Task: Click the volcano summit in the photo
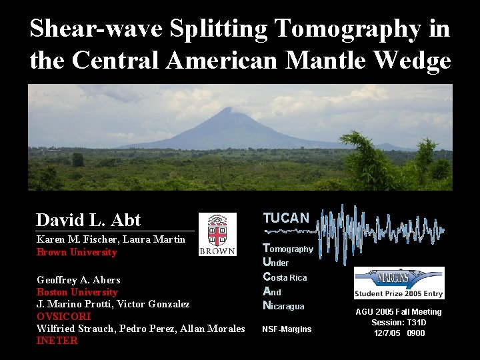(229, 110)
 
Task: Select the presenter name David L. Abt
(89, 220)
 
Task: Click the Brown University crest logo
(217, 234)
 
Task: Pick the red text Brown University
(77, 253)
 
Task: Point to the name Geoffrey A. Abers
(79, 280)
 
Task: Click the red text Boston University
(77, 292)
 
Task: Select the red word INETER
(57, 341)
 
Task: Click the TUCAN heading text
(286, 218)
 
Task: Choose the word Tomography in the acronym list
(288, 249)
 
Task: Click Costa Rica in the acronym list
(285, 277)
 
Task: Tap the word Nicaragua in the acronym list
(283, 306)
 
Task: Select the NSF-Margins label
(287, 329)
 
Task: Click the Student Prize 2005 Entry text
(399, 293)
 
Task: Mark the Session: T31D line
(399, 323)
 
